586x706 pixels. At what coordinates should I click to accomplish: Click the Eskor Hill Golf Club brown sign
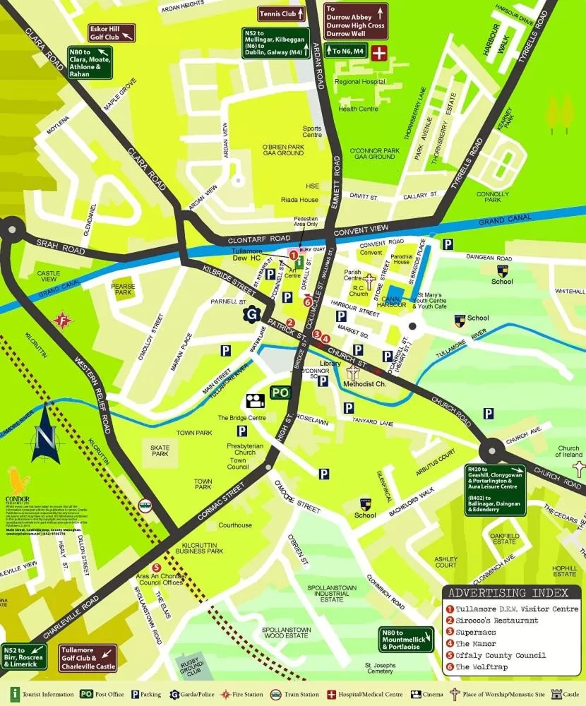[x=107, y=33]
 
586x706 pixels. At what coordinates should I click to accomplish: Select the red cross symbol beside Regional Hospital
[x=380, y=52]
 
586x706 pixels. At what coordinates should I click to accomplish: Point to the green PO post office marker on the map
[x=280, y=393]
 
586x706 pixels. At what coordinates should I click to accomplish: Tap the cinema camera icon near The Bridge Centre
[x=255, y=401]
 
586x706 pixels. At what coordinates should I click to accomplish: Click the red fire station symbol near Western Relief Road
[x=64, y=319]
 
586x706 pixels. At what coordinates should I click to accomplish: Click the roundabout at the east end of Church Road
[x=493, y=449]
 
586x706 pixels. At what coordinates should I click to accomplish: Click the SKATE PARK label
[x=160, y=450]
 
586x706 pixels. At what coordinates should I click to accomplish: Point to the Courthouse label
[x=235, y=525]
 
